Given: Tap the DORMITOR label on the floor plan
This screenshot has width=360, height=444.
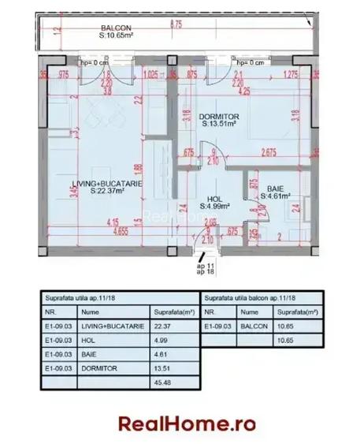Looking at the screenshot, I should tap(217, 115).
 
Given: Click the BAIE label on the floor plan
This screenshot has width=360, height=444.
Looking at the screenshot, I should tap(275, 189).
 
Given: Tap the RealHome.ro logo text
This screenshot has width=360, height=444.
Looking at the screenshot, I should tap(187, 423).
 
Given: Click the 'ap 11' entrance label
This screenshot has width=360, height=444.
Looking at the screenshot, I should tap(203, 267).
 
